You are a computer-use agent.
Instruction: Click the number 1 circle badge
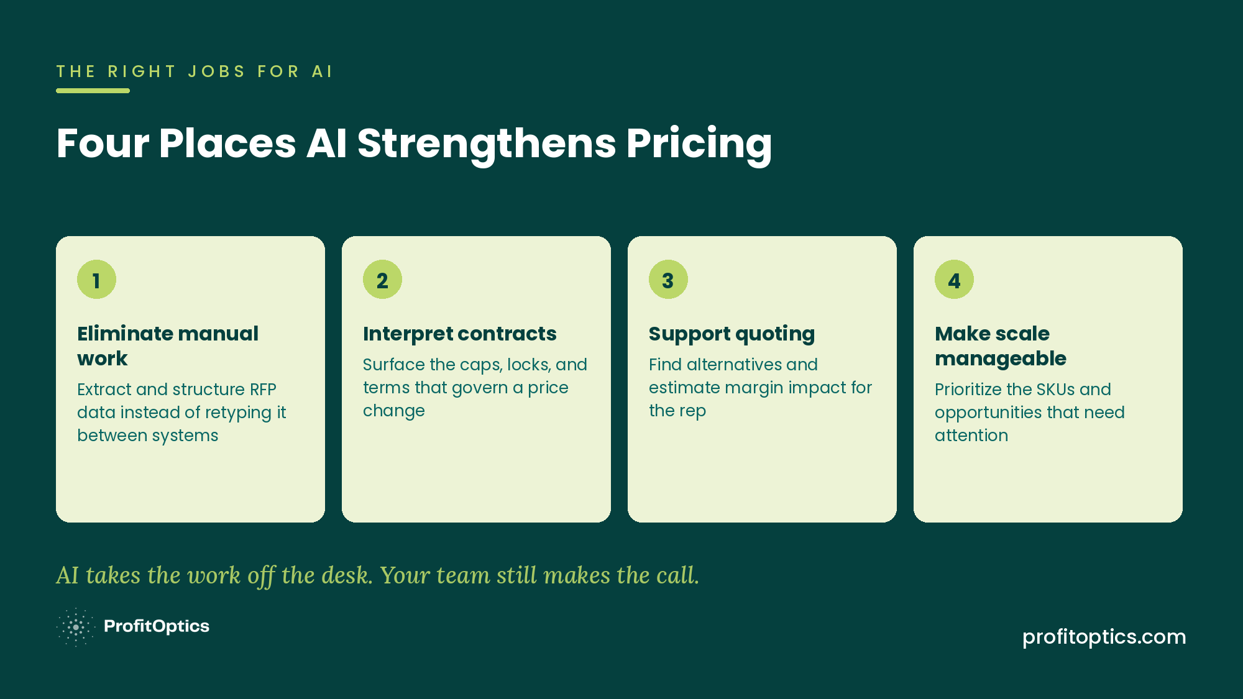[96, 280]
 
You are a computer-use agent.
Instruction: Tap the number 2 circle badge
[382, 280]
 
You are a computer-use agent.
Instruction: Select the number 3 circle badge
[668, 280]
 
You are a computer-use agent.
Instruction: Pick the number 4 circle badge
[954, 280]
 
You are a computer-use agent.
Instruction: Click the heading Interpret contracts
[460, 334]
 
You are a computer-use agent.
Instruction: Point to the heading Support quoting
[732, 334]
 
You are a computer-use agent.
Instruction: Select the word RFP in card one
[263, 390]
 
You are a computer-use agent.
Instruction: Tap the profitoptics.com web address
[1104, 637]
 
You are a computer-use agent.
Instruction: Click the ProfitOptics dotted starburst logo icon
[75, 627]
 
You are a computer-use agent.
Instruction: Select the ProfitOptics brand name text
[157, 626]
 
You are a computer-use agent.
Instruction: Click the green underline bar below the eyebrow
[93, 91]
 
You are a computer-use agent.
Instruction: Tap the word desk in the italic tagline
[345, 575]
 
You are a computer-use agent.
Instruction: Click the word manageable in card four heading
[1001, 359]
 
